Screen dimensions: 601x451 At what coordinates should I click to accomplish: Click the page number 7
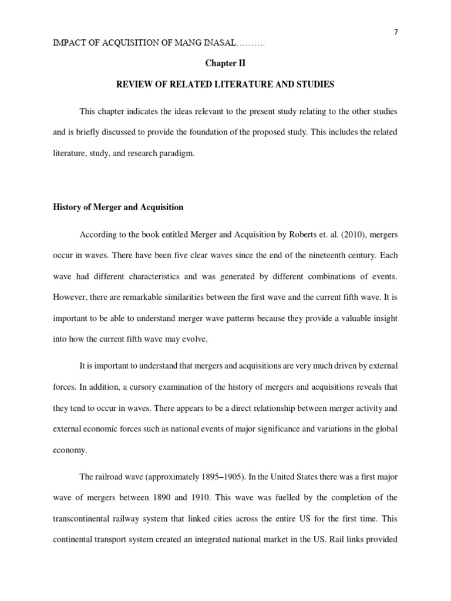click(x=396, y=32)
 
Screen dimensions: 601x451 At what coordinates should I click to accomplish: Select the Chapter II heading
click(x=225, y=64)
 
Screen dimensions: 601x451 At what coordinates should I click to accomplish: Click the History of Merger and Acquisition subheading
click(x=118, y=207)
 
